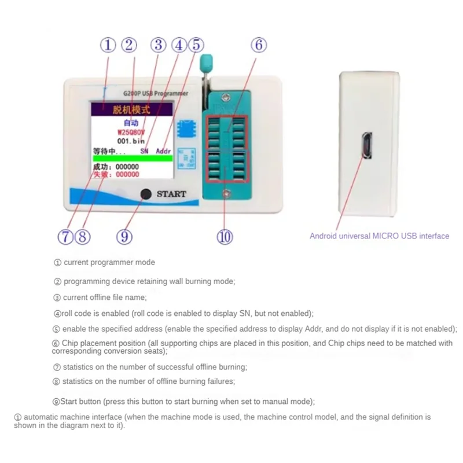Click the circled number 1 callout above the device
(108, 45)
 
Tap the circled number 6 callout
(259, 45)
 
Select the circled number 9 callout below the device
(124, 236)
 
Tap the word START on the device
(171, 194)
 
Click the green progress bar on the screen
(132, 158)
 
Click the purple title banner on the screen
(131, 109)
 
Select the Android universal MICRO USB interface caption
(379, 236)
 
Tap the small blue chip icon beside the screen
(186, 128)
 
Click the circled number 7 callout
(65, 236)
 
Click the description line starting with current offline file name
(104, 297)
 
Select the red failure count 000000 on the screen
(127, 174)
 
